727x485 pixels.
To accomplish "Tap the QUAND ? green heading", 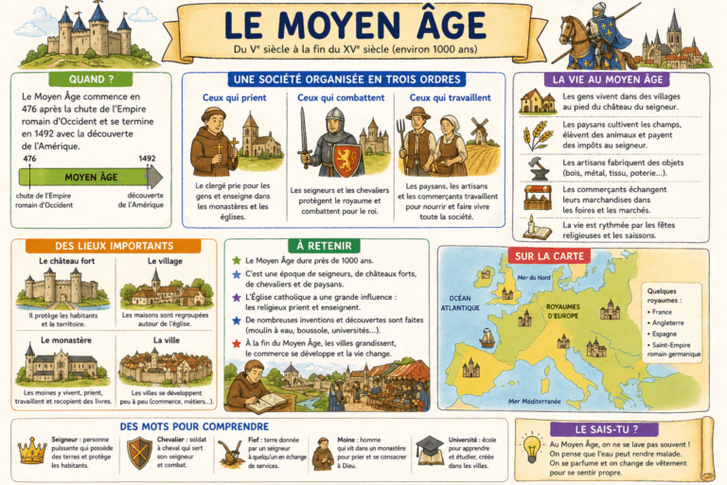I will pyautogui.click(x=92, y=79).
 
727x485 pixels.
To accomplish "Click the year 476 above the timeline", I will pyautogui.click(x=29, y=160).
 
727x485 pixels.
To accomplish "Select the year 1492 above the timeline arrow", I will pyautogui.click(x=147, y=160).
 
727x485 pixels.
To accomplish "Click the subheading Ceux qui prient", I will pyautogui.click(x=233, y=97).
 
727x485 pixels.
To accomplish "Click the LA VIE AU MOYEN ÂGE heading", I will pyautogui.click(x=611, y=79).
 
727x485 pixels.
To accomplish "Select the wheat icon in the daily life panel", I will pyautogui.click(x=538, y=135).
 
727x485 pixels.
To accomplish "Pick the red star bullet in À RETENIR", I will pyautogui.click(x=237, y=344).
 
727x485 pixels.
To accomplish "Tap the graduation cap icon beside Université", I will pyautogui.click(x=430, y=450).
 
